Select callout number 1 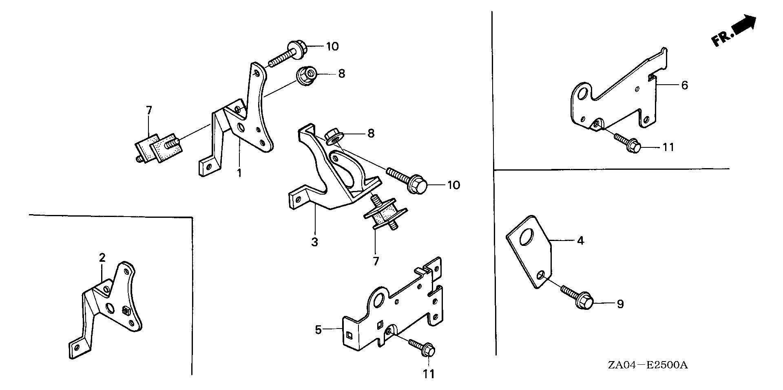tap(239, 173)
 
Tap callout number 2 tap(102, 257)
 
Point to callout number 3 tap(314, 242)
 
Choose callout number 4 tap(580, 241)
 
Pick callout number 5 tap(319, 329)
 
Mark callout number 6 tap(684, 85)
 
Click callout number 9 tap(620, 304)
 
